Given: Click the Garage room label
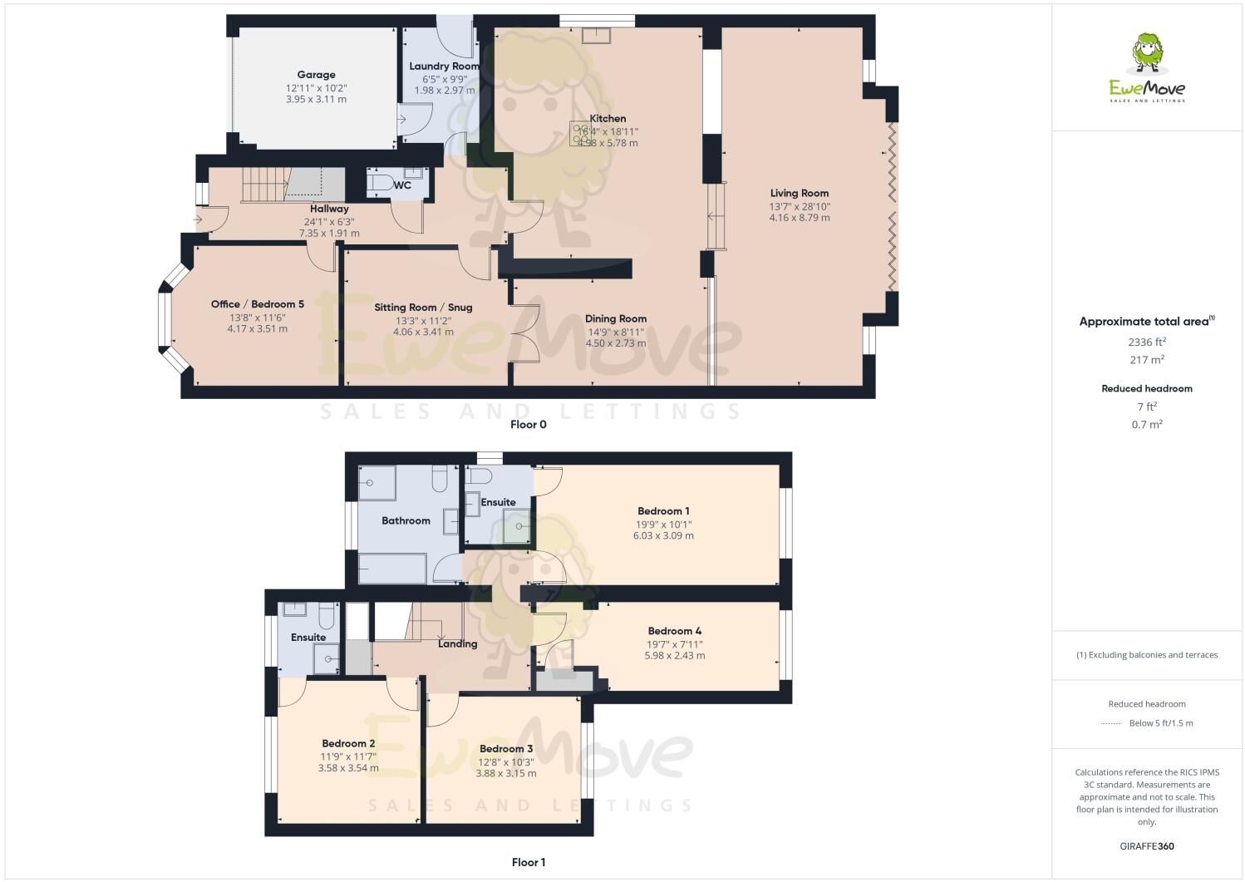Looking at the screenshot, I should click(316, 75).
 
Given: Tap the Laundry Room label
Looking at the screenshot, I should click(444, 66).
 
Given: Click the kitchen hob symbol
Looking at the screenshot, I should click(578, 133).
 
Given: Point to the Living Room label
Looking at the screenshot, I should click(799, 193).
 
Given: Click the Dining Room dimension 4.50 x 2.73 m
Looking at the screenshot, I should click(615, 342).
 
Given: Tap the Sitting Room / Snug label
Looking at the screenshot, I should click(423, 308).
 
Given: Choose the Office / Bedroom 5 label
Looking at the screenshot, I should click(257, 304).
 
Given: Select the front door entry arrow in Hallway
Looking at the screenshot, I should click(199, 219).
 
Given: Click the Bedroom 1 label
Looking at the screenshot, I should click(663, 511).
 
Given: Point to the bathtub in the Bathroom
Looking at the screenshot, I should click(392, 569).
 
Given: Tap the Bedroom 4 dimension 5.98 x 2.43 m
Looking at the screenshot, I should click(674, 655).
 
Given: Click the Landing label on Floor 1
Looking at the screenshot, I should click(457, 643).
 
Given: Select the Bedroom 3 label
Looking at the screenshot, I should click(505, 749).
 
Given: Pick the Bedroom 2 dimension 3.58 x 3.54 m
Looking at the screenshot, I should click(348, 768).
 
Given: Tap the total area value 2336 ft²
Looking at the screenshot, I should click(1146, 342).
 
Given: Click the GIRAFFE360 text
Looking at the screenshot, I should click(1146, 846).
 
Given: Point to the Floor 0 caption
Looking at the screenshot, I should click(528, 425).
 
